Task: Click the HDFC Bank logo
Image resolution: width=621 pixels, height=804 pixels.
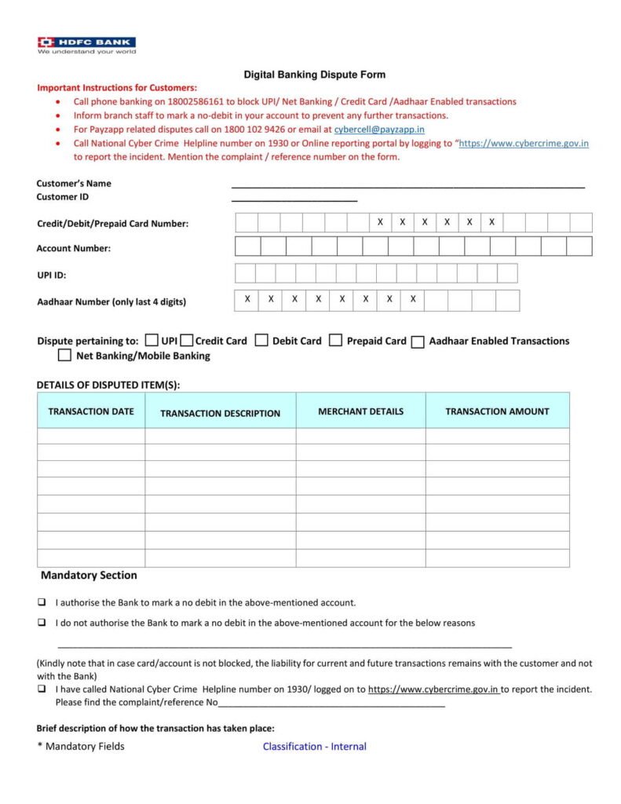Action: [86, 44]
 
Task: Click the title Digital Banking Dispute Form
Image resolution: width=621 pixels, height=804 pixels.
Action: [314, 75]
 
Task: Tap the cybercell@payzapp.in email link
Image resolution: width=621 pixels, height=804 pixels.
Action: [379, 129]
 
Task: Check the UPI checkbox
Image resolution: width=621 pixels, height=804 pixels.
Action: [152, 340]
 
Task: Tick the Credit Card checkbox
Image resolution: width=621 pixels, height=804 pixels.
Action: [187, 340]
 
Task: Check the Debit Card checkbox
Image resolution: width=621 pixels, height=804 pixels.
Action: [262, 340]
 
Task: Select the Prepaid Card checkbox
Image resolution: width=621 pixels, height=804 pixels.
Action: [335, 340]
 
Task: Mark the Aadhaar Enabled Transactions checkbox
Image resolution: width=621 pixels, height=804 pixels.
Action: [418, 342]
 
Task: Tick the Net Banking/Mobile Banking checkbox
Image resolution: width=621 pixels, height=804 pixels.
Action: [64, 356]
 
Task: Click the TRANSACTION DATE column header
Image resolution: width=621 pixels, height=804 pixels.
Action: [91, 411]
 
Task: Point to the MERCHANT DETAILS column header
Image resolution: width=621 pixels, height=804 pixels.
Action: [360, 411]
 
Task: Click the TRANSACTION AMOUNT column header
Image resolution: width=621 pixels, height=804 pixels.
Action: [497, 411]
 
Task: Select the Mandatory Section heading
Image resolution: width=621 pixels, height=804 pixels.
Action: [89, 576]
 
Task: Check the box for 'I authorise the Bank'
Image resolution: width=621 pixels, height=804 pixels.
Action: [41, 603]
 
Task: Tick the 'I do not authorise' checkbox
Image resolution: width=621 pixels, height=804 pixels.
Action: [41, 623]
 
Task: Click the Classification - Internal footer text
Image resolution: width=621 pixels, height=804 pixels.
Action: [314, 747]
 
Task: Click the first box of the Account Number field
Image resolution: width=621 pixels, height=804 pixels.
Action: [247, 247]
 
